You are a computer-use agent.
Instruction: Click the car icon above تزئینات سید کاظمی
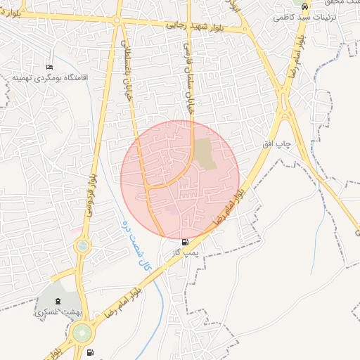pyautogui.click(x=304, y=4)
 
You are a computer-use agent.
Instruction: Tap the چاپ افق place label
pyautogui.click(x=276, y=143)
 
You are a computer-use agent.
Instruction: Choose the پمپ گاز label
pyautogui.click(x=186, y=251)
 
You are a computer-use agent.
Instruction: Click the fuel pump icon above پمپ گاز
pyautogui.click(x=185, y=241)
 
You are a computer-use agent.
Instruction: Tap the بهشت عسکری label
pyautogui.click(x=58, y=310)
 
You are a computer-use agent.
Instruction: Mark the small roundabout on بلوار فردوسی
pyautogui.click(x=83, y=246)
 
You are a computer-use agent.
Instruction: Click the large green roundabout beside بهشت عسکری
pyautogui.click(x=81, y=331)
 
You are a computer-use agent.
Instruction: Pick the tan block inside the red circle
pyautogui.click(x=205, y=153)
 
